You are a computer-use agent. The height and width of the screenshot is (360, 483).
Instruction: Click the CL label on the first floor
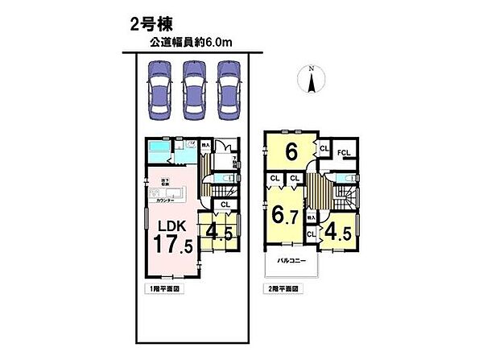click(x=225, y=204)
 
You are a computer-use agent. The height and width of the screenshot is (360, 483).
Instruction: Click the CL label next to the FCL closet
click(x=323, y=148)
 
